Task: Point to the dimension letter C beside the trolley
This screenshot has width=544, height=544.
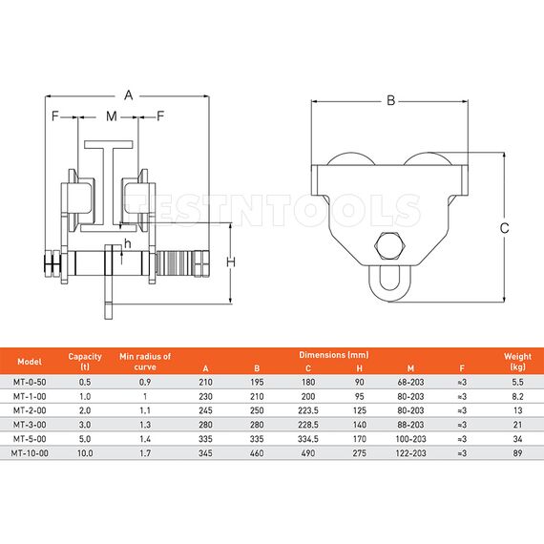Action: pyautogui.click(x=504, y=227)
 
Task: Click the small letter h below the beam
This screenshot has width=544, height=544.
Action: pyautogui.click(x=127, y=243)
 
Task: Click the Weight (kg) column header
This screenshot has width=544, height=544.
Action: pyautogui.click(x=516, y=362)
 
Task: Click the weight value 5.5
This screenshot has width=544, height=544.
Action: pyautogui.click(x=516, y=381)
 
